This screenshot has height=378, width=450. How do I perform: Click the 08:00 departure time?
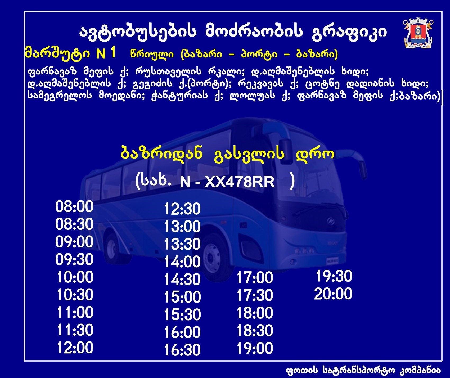point(74,207)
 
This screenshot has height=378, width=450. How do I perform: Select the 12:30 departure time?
point(182,209)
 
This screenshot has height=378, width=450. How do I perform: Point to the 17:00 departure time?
point(255,278)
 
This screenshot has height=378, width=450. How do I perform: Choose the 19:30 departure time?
point(334,276)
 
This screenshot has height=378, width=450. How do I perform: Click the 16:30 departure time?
point(182,350)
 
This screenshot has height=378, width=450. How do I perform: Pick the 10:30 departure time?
point(75,295)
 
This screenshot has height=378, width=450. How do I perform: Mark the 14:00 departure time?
point(182,262)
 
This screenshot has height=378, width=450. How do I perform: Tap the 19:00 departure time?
point(255,348)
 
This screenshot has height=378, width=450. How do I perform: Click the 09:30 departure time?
point(74,260)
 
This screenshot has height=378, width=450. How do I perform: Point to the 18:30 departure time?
point(255,331)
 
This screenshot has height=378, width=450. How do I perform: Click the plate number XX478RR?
point(240,182)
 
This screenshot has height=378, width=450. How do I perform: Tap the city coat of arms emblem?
point(418,33)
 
